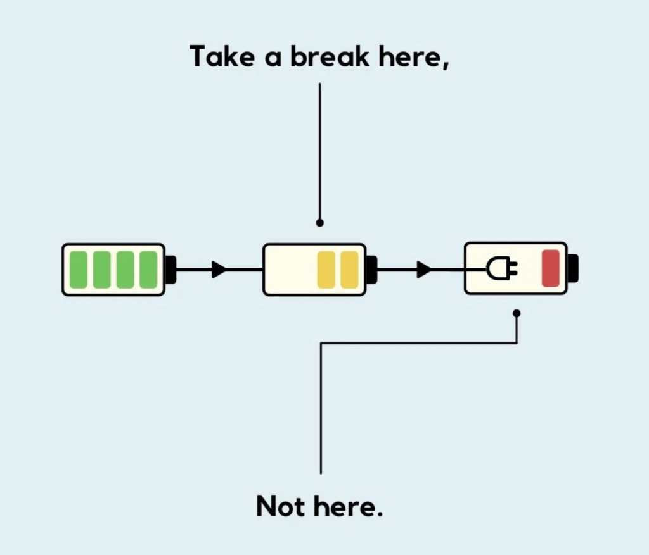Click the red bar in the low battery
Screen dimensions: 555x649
(x=550, y=268)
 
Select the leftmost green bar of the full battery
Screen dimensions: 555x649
(x=79, y=270)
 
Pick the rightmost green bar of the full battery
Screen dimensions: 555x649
(x=148, y=270)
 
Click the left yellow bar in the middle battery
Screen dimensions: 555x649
(x=326, y=270)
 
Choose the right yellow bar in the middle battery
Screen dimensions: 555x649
(x=349, y=270)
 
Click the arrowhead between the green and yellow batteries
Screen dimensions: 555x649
(x=219, y=270)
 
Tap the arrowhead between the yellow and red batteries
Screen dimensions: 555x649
(x=423, y=270)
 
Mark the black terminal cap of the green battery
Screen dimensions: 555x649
(x=170, y=270)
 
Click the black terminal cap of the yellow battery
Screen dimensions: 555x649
(x=371, y=270)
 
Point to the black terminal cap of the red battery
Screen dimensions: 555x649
(x=573, y=268)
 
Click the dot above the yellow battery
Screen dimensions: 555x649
(x=320, y=223)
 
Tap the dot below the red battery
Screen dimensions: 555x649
(x=517, y=313)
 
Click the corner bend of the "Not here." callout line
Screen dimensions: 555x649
(x=321, y=344)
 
